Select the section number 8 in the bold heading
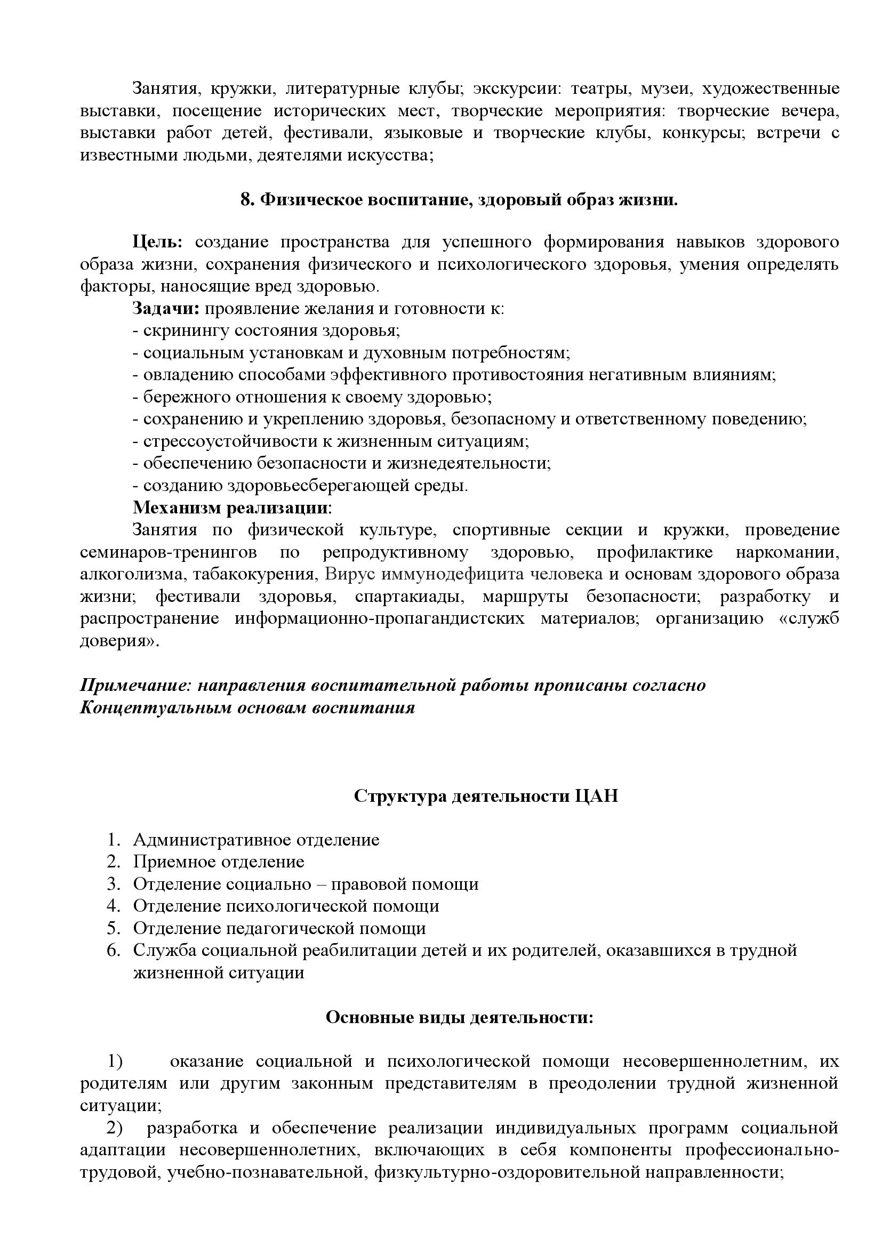pos(246,200)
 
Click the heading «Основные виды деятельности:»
pos(460,1017)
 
